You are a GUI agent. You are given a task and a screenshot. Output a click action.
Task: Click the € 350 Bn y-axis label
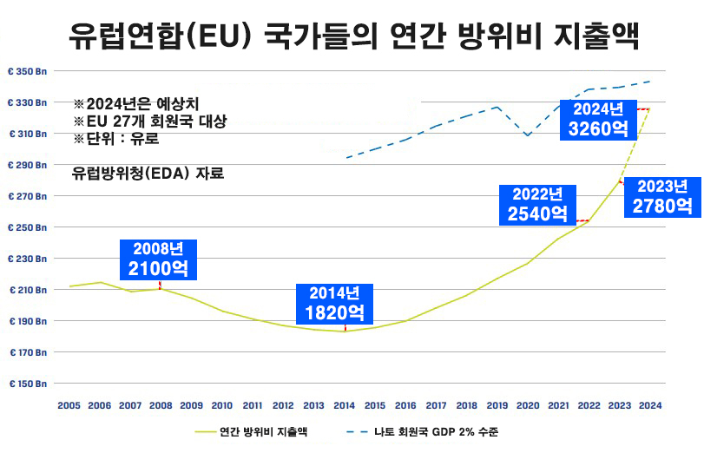pyautogui.click(x=29, y=71)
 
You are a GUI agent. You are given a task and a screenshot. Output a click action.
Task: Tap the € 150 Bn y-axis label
pyautogui.click(x=29, y=383)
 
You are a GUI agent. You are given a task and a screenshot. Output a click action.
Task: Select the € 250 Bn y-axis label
pyautogui.click(x=29, y=227)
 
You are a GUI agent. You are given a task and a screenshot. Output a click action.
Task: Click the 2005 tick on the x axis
pyautogui.click(x=69, y=404)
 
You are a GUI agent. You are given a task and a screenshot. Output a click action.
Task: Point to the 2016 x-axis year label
pyautogui.click(x=405, y=404)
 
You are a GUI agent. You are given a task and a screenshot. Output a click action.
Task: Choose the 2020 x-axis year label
pyautogui.click(x=528, y=404)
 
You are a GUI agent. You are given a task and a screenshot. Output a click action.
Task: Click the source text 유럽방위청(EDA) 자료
pyautogui.click(x=148, y=173)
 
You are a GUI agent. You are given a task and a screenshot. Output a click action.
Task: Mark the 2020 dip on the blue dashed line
pyautogui.click(x=528, y=135)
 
